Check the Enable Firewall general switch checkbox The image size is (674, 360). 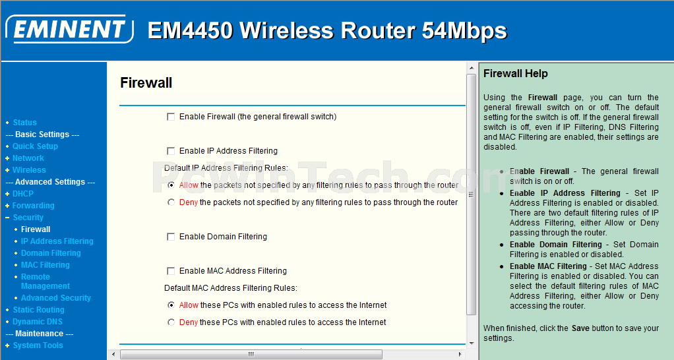coord(171,117)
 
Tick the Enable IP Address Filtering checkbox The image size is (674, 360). coord(171,151)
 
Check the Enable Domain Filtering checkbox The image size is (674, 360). coord(171,237)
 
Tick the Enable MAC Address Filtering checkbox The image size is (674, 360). coord(171,271)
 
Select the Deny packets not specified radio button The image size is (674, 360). coord(171,202)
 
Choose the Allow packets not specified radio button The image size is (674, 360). coord(171,185)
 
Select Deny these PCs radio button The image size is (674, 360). coord(171,322)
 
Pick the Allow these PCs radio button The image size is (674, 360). coord(171,305)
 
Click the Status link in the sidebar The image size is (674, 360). coord(24,123)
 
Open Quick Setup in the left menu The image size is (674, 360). coord(35,146)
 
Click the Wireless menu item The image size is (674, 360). coord(29,170)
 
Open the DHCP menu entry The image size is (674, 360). coord(23,194)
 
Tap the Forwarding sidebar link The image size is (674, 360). coord(33,206)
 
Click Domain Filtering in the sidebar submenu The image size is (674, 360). coord(51,253)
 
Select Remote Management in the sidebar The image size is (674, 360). coord(45,282)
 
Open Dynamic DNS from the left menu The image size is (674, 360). coord(38,322)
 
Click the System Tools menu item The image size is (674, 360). coord(38,345)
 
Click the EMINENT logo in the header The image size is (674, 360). coord(69,29)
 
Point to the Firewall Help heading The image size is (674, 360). coord(515,73)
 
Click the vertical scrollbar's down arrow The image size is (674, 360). coord(472,344)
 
